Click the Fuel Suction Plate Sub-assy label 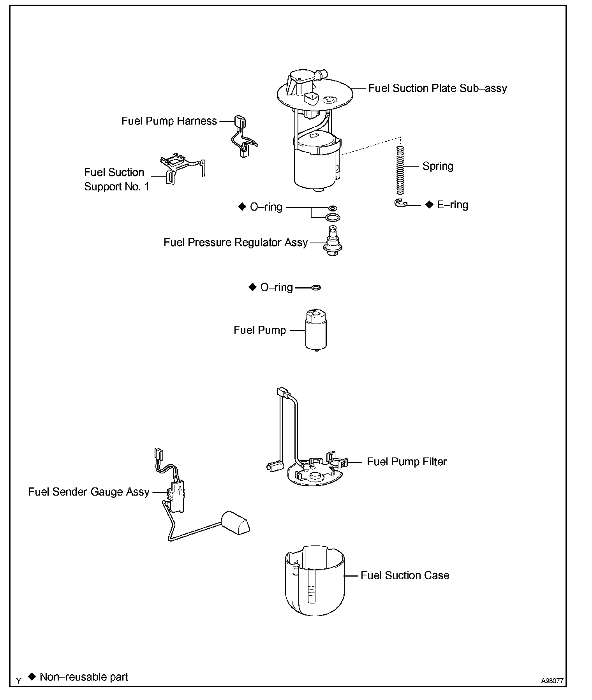click(x=437, y=88)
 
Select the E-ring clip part click(x=400, y=203)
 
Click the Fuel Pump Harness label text click(x=169, y=121)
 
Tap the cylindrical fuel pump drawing click(x=316, y=330)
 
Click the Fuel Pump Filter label click(x=407, y=462)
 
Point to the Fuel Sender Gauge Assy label click(x=89, y=492)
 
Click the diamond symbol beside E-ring click(x=429, y=205)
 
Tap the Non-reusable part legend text click(x=84, y=677)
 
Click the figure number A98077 click(x=552, y=681)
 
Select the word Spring click(x=438, y=166)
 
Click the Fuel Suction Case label click(x=405, y=575)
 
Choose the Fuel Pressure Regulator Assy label click(x=236, y=243)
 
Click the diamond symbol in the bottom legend click(x=32, y=677)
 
